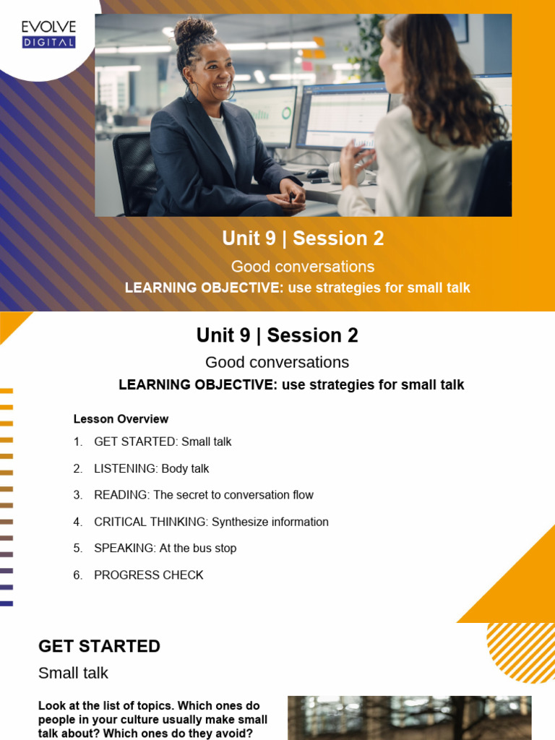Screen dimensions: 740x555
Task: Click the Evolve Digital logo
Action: (x=48, y=34)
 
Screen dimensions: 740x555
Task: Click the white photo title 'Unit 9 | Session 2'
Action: (x=303, y=238)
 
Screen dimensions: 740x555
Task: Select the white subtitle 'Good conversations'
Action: (x=303, y=267)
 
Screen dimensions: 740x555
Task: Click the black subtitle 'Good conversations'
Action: (x=277, y=362)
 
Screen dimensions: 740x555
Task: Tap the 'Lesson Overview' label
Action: (x=121, y=419)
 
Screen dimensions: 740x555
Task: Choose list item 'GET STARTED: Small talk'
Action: (x=163, y=442)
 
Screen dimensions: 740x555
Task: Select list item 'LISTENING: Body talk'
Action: (x=151, y=468)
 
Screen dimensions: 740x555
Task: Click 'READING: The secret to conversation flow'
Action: (x=203, y=495)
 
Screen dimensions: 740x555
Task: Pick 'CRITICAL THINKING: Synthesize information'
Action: (x=211, y=522)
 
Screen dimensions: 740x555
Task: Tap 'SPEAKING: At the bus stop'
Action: (x=165, y=548)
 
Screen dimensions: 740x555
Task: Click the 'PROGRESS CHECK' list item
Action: (x=148, y=575)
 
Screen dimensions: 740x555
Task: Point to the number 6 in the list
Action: (x=77, y=575)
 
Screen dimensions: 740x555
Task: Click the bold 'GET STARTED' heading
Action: (x=99, y=646)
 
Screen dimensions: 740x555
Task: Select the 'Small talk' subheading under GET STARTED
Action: (x=73, y=673)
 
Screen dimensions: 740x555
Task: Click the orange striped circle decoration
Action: (x=522, y=653)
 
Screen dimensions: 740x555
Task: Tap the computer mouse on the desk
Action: (x=316, y=173)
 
